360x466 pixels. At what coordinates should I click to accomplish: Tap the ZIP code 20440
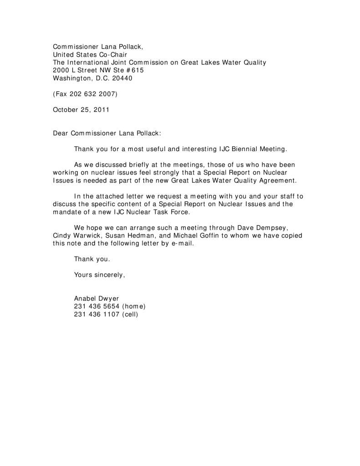pyautogui.click(x=122, y=78)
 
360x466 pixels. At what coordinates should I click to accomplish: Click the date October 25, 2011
pyautogui.click(x=81, y=110)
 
